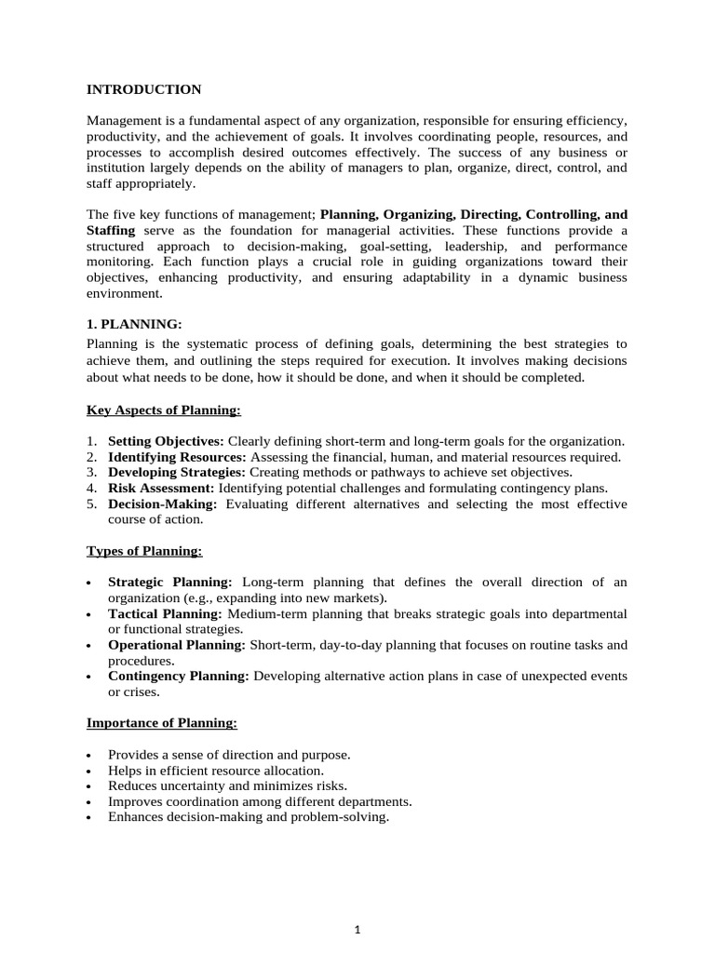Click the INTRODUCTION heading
coord(143,90)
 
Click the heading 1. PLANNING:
coord(134,324)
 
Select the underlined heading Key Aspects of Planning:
coord(163,409)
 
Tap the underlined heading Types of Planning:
coord(144,551)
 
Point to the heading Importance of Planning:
coord(162,722)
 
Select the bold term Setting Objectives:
coord(166,441)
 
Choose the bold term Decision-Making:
coord(163,504)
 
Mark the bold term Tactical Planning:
coord(165,614)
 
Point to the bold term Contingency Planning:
coord(179,676)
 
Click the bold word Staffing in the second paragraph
coord(111,230)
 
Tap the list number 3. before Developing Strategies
coord(91,473)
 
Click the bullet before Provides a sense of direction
coord(88,755)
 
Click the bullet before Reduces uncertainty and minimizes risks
coord(88,786)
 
